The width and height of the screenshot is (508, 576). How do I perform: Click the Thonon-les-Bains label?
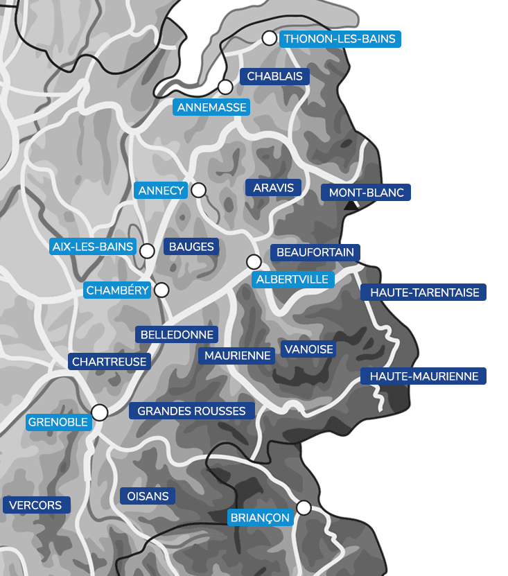point(340,39)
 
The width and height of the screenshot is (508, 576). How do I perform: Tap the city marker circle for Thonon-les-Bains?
point(269,38)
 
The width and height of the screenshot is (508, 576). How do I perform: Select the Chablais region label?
point(274,76)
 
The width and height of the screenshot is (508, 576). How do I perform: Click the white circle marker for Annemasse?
point(225,87)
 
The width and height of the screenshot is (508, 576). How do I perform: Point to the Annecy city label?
point(161,191)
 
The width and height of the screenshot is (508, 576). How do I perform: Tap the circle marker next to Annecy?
point(199,190)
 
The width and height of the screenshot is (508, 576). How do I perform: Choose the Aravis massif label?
point(273,188)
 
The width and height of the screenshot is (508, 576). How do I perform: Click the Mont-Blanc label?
point(366,193)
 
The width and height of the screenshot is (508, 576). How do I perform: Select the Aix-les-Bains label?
point(93,246)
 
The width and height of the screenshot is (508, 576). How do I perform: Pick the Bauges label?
point(191,246)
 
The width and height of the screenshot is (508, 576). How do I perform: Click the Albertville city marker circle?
point(254,262)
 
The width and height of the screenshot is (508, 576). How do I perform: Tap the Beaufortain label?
point(315,253)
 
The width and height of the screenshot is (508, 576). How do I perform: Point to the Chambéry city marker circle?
point(161,290)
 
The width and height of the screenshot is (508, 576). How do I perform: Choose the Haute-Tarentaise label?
point(424,293)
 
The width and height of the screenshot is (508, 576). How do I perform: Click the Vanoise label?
point(308,349)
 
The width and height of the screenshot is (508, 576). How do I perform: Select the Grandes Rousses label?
point(191,411)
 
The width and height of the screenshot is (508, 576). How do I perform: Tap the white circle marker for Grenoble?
point(100,413)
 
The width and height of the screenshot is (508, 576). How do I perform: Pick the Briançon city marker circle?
point(304,508)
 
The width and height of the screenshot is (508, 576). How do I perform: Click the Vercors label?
point(36,505)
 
